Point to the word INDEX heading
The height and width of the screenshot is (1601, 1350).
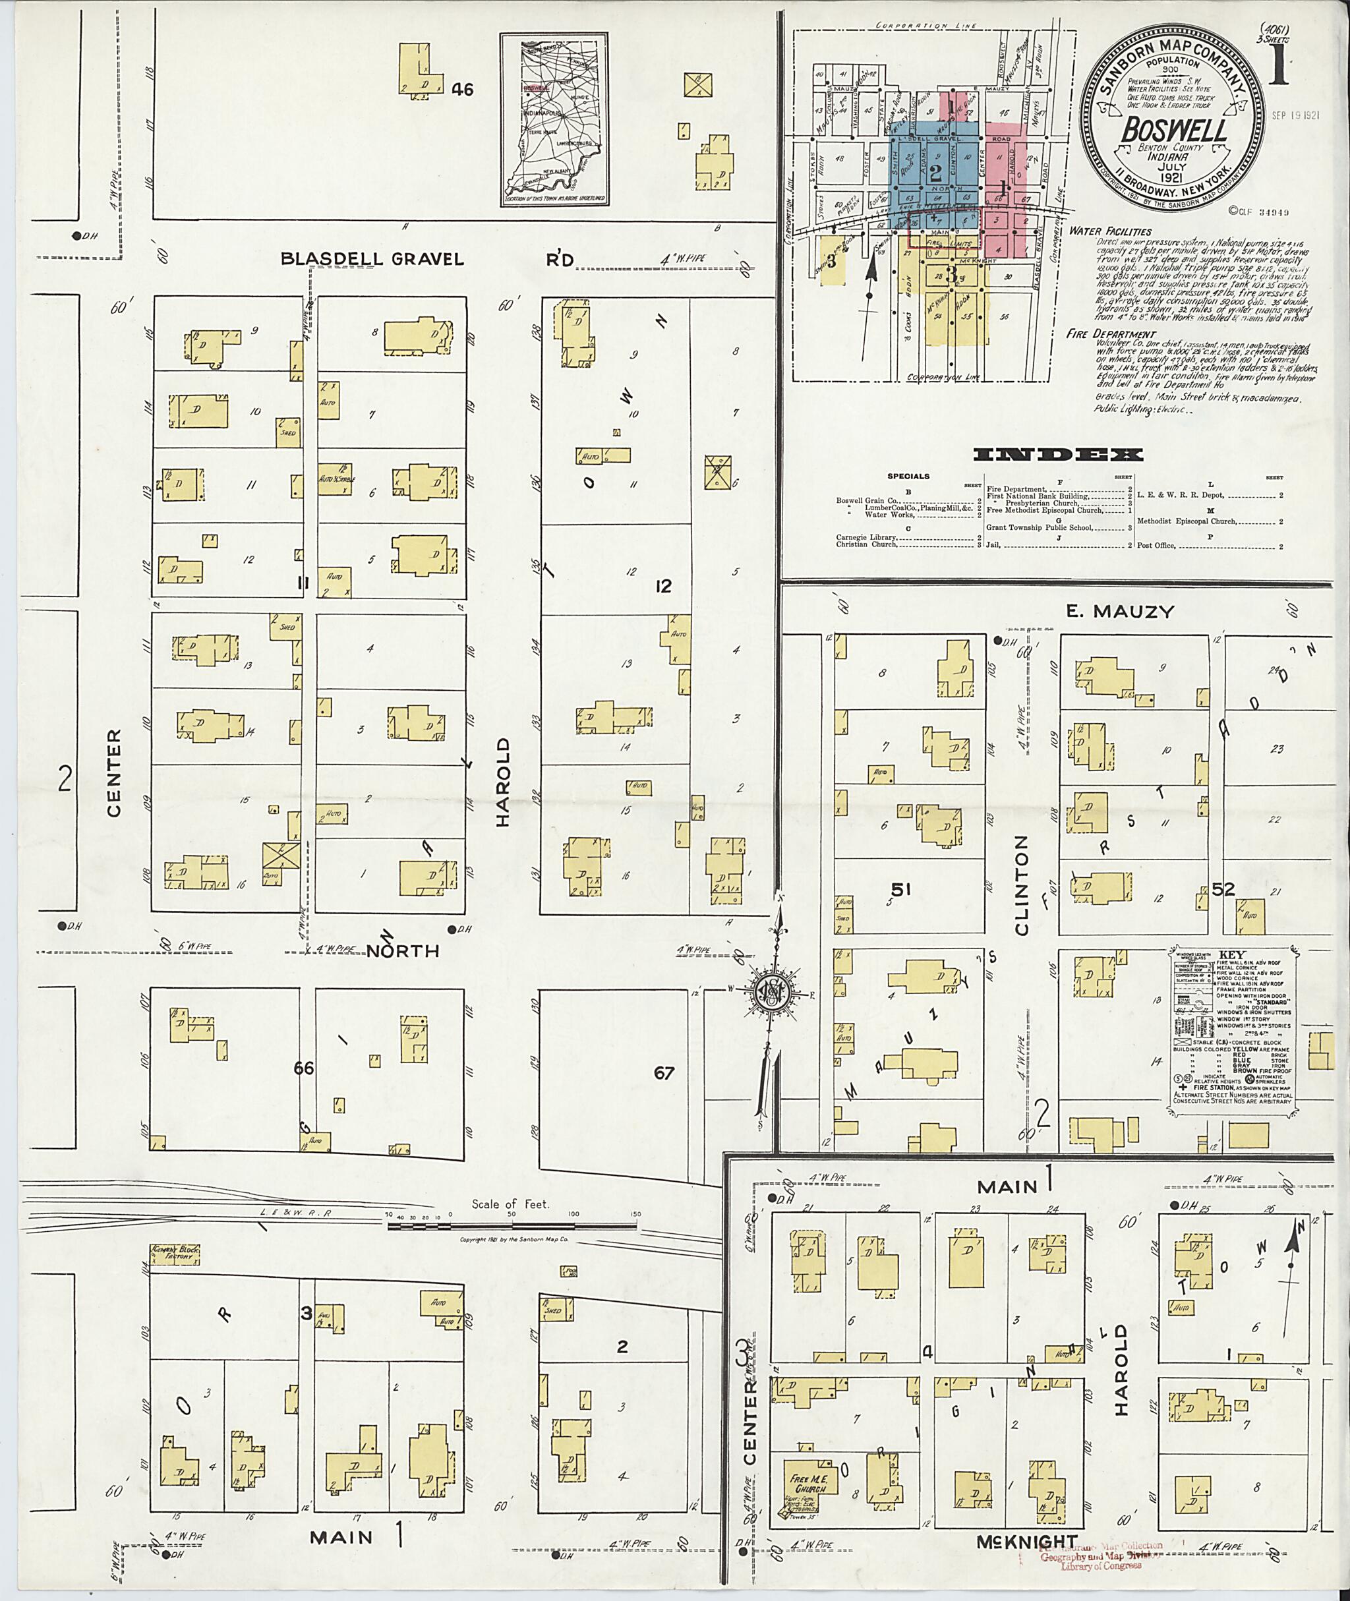tap(1059, 455)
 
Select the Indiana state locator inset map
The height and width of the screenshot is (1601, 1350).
tap(554, 119)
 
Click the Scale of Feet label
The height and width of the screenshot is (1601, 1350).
tap(510, 1204)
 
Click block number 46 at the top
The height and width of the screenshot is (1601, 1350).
tap(462, 90)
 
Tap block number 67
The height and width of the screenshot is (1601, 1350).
tap(664, 1073)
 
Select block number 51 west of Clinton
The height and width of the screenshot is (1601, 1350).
tap(900, 889)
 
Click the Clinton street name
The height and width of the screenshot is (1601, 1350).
tap(1022, 885)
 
